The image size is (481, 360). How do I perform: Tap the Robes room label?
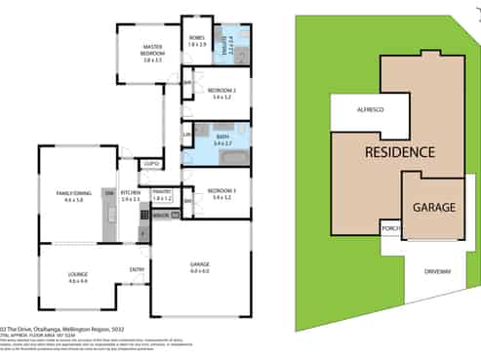[198, 42]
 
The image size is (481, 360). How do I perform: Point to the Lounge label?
[78, 277]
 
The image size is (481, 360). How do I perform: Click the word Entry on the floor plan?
[138, 270]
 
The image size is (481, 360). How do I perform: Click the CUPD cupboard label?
[149, 163]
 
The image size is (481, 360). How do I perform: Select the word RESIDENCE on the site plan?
[400, 152]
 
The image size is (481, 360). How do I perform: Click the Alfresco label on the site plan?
[369, 109]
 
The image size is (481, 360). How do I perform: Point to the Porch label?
[390, 228]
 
